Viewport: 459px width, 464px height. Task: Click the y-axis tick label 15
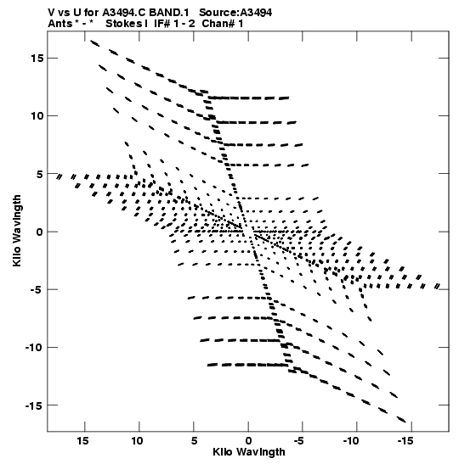(37, 59)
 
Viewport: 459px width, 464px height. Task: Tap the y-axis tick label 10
(37, 116)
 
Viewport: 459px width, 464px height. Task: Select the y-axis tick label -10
(34, 347)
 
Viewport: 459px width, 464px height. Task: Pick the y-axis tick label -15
(34, 405)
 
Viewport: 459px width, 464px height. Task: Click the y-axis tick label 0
(40, 232)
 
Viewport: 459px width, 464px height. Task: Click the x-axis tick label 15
(82, 441)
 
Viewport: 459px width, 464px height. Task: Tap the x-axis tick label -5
(299, 441)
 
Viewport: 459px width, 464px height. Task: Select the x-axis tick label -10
(351, 441)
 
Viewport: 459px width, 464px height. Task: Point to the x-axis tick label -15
(405, 441)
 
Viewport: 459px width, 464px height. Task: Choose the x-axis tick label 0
(248, 441)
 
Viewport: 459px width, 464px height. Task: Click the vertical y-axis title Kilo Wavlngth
(17, 231)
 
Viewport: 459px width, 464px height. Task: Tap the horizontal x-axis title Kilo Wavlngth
(249, 452)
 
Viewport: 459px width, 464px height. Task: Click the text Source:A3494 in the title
(235, 13)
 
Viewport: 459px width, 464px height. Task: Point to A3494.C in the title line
(124, 13)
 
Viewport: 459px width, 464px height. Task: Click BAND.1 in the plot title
(169, 13)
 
